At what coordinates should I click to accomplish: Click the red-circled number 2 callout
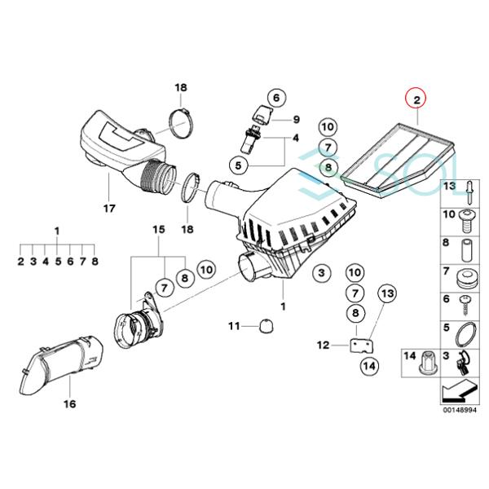416,100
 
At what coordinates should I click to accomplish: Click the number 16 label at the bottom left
68,403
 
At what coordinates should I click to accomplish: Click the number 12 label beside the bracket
323,346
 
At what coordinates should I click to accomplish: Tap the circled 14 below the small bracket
368,366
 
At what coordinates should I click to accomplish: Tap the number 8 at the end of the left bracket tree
95,262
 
